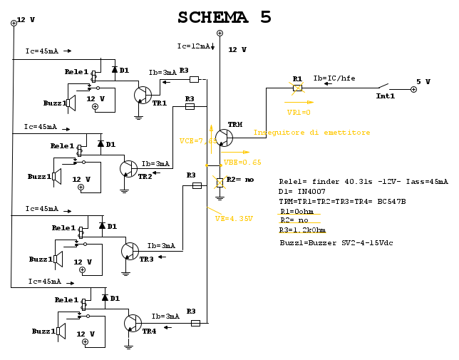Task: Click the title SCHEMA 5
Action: coord(225,17)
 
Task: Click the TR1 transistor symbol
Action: coord(143,95)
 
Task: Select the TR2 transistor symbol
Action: coord(128,169)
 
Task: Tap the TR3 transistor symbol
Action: coord(130,251)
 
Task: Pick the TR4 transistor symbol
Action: coord(132,323)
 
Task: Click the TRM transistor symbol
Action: coord(223,138)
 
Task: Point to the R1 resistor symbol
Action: coord(297,88)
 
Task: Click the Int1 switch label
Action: coord(385,96)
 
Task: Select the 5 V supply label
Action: coord(423,82)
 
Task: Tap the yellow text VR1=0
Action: coord(299,112)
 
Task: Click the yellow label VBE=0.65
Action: coord(242,163)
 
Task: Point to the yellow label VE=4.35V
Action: coord(234,218)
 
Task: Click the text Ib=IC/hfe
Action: coord(334,78)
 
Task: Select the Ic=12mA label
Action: coord(193,46)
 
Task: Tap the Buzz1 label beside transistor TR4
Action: coord(43,331)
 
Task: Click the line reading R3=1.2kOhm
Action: coord(302,230)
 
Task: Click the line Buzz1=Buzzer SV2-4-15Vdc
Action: coord(336,243)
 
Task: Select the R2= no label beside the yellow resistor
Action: coord(240,180)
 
